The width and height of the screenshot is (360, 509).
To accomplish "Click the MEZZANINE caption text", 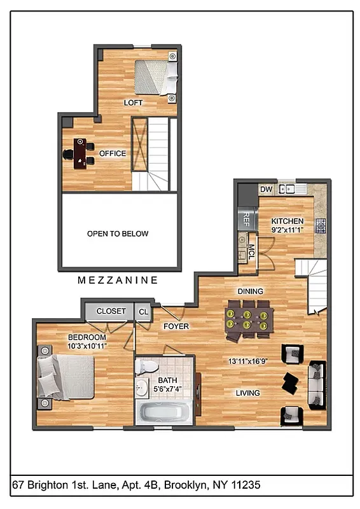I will pos(118,280).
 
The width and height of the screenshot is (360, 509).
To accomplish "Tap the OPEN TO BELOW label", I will pos(118,234).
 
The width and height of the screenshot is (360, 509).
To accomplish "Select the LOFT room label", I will pos(133,102).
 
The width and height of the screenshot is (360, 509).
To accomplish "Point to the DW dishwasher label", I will pos(266,189).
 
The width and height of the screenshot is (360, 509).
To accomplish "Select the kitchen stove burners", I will pos(321,225).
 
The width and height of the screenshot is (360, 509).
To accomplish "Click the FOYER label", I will pos(176,326).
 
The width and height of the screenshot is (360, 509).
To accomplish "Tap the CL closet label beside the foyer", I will pos(144,312).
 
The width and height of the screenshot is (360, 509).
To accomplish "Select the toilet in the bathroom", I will pos(147,368).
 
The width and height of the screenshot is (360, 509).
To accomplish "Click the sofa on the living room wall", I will pos(315,385).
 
